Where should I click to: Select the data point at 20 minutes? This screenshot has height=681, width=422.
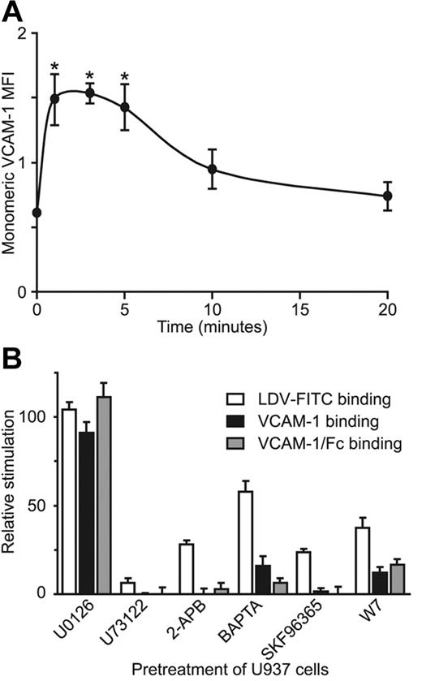tap(387, 196)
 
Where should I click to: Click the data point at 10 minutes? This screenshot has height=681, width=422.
tap(212, 169)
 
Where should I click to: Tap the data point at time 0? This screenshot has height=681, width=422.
tap(37, 213)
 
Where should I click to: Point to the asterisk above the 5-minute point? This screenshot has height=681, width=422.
tap(124, 79)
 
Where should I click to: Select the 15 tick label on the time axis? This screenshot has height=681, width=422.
tap(299, 310)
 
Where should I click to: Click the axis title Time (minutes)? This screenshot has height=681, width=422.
tap(212, 329)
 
